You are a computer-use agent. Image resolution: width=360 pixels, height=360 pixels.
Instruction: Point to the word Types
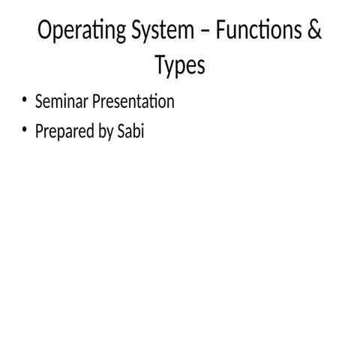[x=180, y=66]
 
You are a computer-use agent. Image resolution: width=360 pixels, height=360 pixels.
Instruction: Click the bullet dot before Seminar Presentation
[x=24, y=100]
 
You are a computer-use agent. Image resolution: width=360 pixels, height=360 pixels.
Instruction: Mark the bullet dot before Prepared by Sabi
[x=24, y=130]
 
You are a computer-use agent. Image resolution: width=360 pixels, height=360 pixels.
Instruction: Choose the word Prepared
[x=64, y=133]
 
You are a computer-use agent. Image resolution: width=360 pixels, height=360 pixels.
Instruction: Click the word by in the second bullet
[x=105, y=133]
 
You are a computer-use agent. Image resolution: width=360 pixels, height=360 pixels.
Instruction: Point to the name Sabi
[x=130, y=132]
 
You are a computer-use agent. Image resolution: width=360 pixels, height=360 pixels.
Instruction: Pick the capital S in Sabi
[x=121, y=132]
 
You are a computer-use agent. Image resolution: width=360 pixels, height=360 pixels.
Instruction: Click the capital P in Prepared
[x=39, y=132]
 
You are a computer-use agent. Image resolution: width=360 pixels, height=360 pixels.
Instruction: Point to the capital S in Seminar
[x=39, y=101]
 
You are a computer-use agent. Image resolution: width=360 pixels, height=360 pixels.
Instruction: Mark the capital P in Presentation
[x=95, y=101]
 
